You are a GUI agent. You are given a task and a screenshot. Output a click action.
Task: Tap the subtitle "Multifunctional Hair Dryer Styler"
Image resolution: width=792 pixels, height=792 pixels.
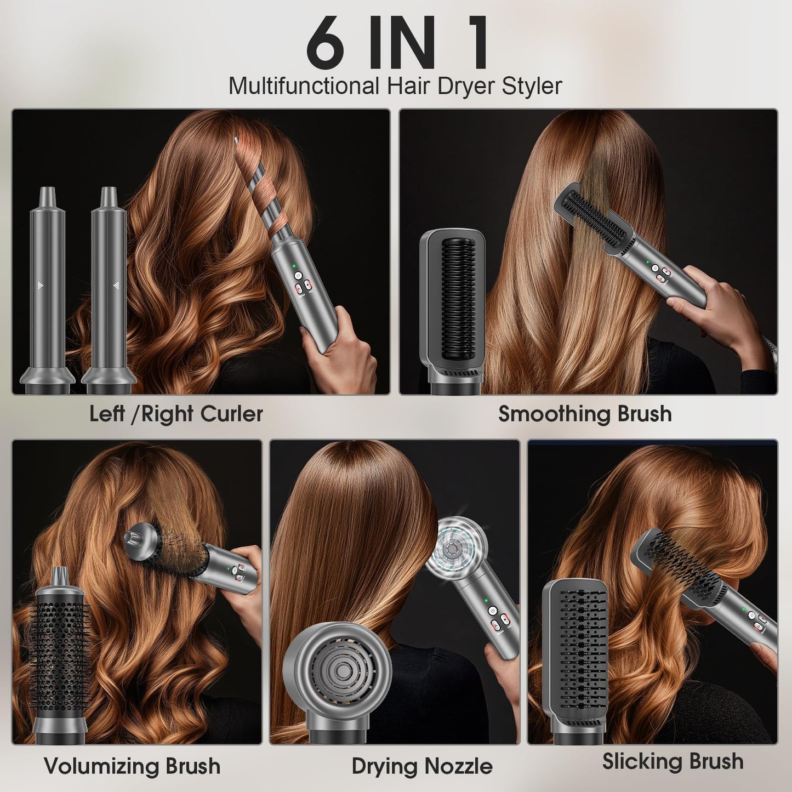395,86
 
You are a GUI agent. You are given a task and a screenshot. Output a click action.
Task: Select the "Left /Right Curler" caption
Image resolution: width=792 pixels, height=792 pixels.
176,414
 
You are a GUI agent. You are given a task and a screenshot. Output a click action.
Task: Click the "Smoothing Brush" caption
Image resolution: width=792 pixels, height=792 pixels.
585,414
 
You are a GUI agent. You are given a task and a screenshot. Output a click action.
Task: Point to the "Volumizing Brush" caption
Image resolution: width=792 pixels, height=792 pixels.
132,766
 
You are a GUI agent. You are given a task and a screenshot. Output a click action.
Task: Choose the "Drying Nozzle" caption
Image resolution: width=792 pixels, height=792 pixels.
422,766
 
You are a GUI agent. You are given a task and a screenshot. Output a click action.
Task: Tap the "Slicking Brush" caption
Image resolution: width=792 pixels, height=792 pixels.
673,761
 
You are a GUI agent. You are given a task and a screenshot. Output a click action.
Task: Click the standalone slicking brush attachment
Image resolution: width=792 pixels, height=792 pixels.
576,658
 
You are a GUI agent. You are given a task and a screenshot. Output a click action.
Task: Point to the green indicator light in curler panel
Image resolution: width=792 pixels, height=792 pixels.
294,268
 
